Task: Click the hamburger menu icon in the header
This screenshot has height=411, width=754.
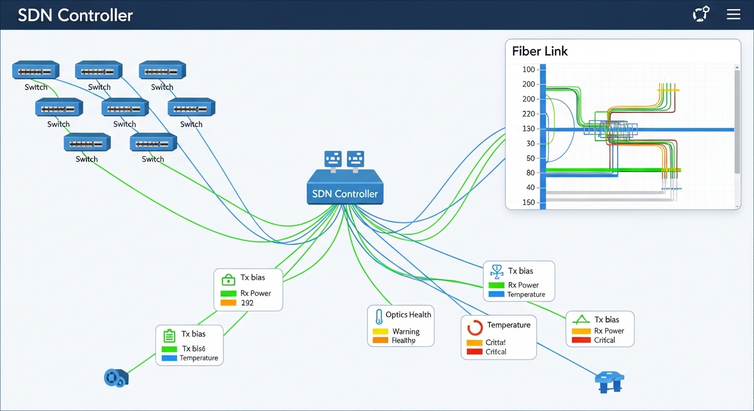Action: pyautogui.click(x=733, y=14)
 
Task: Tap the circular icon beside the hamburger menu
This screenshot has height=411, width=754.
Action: pyautogui.click(x=701, y=14)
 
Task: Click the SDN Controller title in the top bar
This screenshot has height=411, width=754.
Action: pyautogui.click(x=75, y=15)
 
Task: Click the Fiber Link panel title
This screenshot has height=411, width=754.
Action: pyautogui.click(x=539, y=51)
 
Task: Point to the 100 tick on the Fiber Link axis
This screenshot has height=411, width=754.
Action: pyautogui.click(x=528, y=69)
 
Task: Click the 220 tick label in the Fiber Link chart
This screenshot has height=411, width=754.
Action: pyautogui.click(x=528, y=113)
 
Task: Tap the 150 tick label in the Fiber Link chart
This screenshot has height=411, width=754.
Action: pyautogui.click(x=528, y=202)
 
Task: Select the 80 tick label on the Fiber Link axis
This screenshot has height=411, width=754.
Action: pyautogui.click(x=530, y=173)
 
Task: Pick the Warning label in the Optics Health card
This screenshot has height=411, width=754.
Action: pyautogui.click(x=406, y=331)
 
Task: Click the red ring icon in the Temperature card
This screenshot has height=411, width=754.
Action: pyautogui.click(x=475, y=328)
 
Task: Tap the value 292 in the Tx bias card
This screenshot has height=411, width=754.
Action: pyautogui.click(x=247, y=303)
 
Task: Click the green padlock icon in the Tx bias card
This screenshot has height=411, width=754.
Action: pyautogui.click(x=228, y=279)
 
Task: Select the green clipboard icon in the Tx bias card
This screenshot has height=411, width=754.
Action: pyautogui.click(x=169, y=336)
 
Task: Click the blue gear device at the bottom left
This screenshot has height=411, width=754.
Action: pyautogui.click(x=115, y=378)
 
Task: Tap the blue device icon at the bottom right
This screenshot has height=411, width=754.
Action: pyautogui.click(x=609, y=382)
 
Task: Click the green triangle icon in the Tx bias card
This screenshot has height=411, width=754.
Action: pyautogui.click(x=581, y=320)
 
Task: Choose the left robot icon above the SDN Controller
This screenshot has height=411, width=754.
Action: pyautogui.click(x=333, y=159)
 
